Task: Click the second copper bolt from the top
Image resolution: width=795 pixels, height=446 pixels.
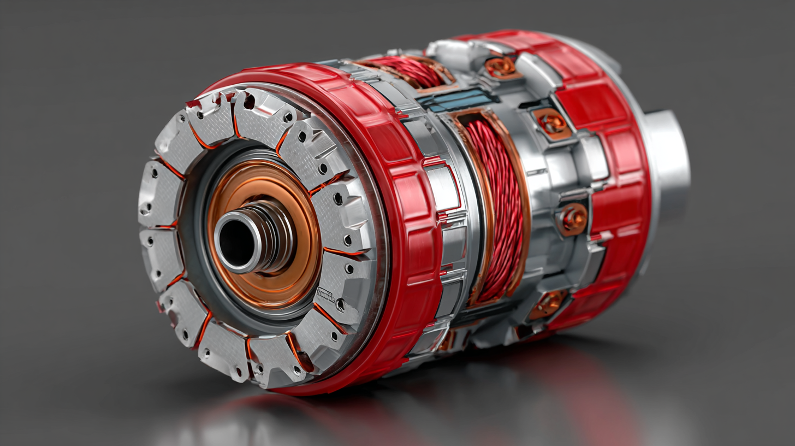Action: pos(551,122)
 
